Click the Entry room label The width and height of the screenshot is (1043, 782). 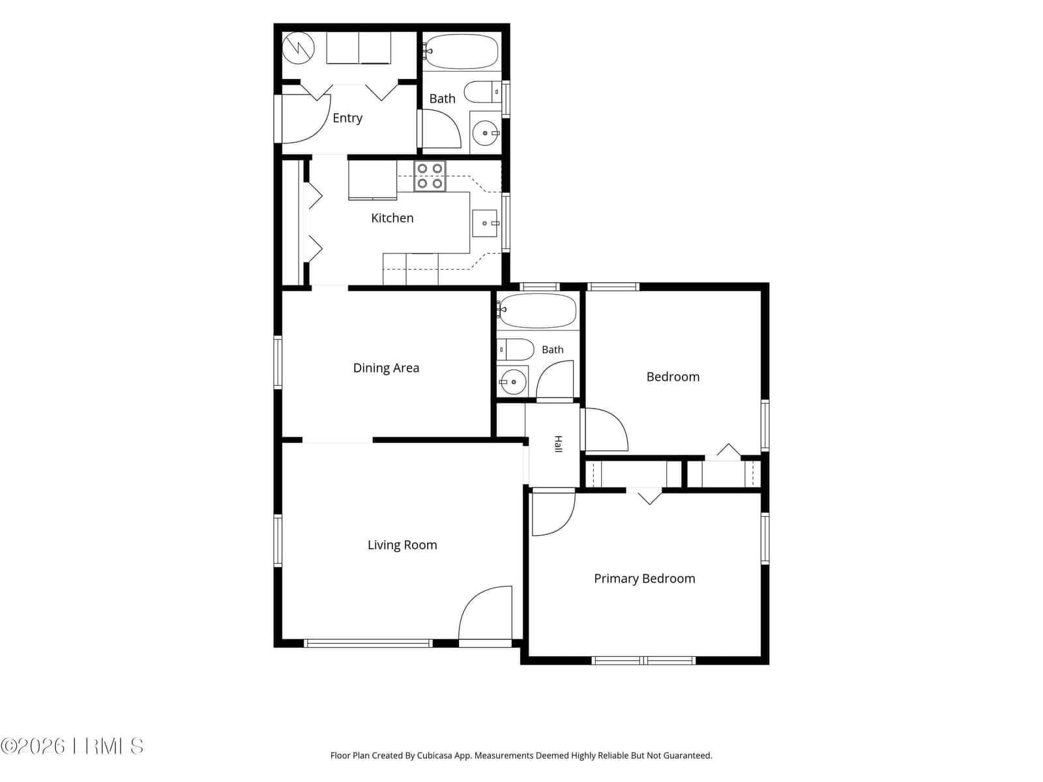(x=347, y=118)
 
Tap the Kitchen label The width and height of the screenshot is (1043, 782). (x=392, y=218)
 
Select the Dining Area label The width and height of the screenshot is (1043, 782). (x=386, y=368)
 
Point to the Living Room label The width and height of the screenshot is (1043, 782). (x=402, y=545)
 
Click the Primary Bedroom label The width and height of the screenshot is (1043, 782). (x=644, y=579)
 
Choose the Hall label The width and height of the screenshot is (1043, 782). (x=558, y=444)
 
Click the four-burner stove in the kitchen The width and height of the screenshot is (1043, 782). (x=430, y=176)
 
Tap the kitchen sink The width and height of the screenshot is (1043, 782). (x=485, y=223)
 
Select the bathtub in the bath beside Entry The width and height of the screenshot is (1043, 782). (x=461, y=51)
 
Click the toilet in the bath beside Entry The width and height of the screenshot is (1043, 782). (x=482, y=92)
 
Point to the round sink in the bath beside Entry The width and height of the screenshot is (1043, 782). (x=485, y=133)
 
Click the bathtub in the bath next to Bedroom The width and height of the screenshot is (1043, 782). (x=537, y=311)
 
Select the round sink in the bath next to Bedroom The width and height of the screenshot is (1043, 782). (x=513, y=382)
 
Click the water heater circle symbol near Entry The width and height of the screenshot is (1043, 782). (x=299, y=48)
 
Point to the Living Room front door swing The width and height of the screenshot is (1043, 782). (x=485, y=613)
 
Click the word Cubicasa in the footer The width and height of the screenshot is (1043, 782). (x=435, y=755)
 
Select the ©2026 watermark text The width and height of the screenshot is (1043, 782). (x=33, y=746)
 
